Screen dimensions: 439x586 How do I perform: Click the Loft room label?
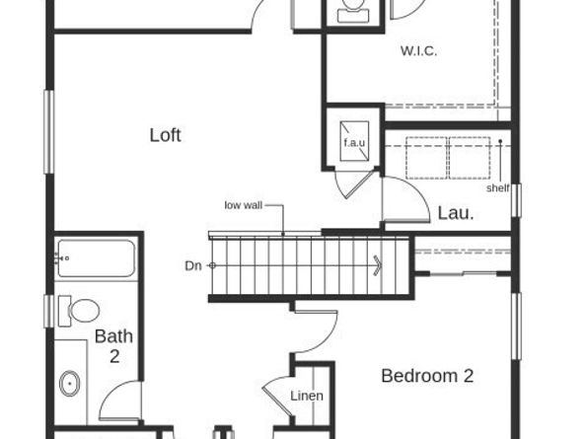pyautogui.click(x=165, y=135)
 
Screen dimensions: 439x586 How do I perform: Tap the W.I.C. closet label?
pyautogui.click(x=418, y=50)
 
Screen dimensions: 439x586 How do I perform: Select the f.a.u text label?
pyautogui.click(x=353, y=144)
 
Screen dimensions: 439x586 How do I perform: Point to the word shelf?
pyautogui.click(x=497, y=187)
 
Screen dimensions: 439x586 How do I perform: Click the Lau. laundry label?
pyautogui.click(x=455, y=211)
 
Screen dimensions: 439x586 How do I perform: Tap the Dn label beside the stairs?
pyautogui.click(x=192, y=265)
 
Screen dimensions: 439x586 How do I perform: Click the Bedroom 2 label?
pyautogui.click(x=427, y=376)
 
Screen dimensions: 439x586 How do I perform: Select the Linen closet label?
pyautogui.click(x=306, y=396)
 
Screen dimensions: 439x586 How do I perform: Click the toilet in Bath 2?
pyautogui.click(x=79, y=311)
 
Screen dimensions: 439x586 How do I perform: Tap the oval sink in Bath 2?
pyautogui.click(x=69, y=382)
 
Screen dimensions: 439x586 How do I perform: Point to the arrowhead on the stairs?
pyautogui.click(x=377, y=264)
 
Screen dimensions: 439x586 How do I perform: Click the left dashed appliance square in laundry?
pyautogui.click(x=427, y=157)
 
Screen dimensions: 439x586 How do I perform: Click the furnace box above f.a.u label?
pyautogui.click(x=353, y=128)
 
